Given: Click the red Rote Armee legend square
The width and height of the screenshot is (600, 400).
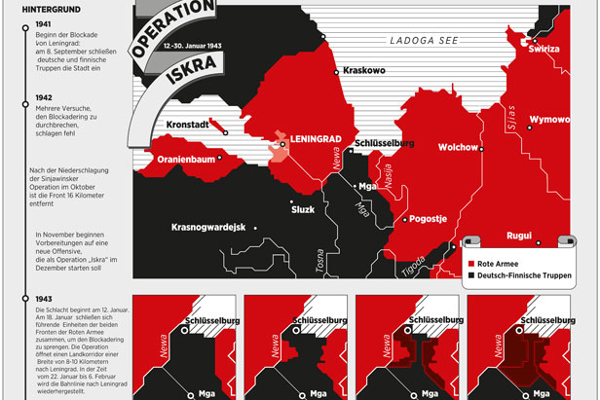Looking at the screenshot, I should pyautogui.click(x=470, y=263).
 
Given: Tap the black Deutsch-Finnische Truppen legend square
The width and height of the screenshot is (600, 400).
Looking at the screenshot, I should pyautogui.click(x=470, y=275).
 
